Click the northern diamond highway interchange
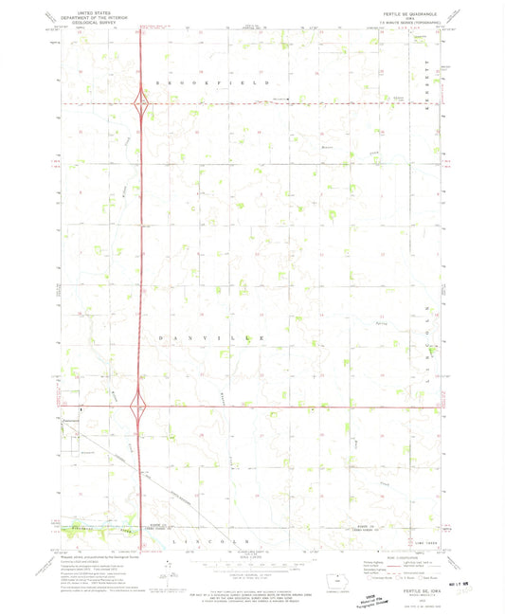pos(140,103)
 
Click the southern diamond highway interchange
pos(140,408)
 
